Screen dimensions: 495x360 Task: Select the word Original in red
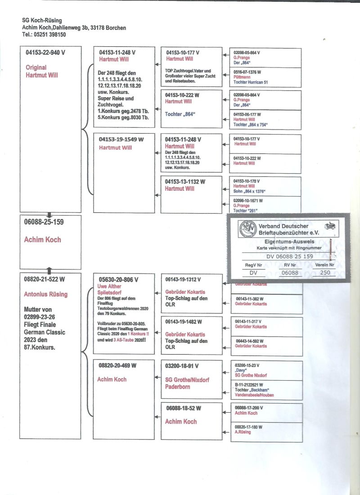36,67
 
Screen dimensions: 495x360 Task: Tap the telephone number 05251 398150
49,35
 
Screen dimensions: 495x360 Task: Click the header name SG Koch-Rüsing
42,20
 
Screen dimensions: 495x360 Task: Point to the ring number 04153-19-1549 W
121,139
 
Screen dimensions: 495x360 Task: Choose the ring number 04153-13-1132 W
185,182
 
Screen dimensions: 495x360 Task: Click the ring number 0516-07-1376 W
247,72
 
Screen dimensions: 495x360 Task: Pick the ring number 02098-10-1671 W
248,200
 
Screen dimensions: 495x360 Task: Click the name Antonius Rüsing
45,294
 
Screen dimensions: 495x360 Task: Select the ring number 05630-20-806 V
118,279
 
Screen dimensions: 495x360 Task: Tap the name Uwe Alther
109,286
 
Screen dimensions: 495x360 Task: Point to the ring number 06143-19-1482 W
184,322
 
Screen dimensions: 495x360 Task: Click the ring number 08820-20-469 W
117,365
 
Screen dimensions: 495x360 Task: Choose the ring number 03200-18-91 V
182,366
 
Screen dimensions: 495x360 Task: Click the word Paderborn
178,387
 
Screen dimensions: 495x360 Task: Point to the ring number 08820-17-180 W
249,427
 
